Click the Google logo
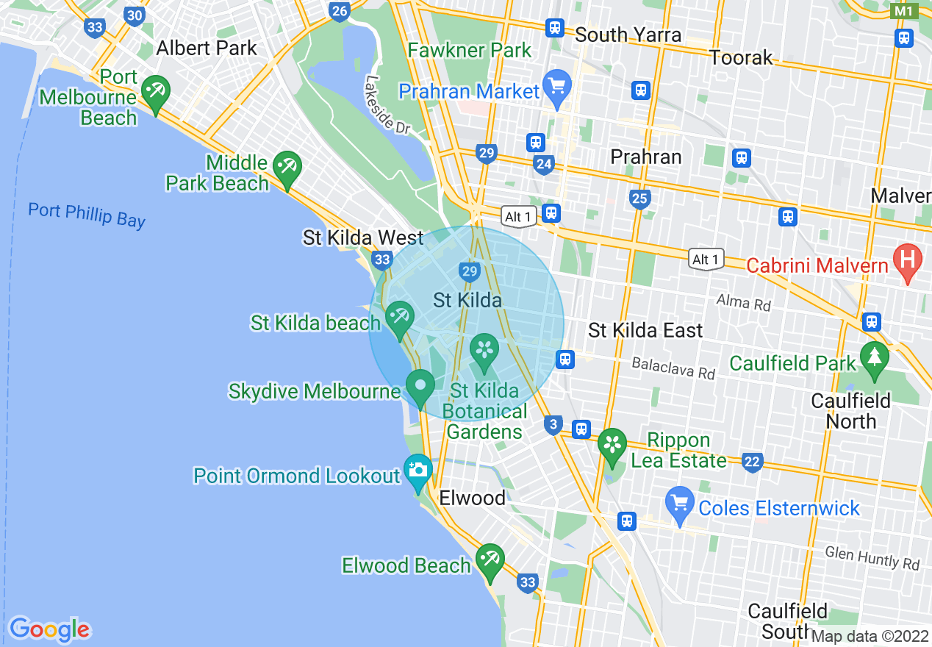click(x=49, y=629)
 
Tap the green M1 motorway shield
click(x=903, y=11)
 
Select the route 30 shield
click(x=134, y=15)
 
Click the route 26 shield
click(x=339, y=11)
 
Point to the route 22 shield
click(x=751, y=462)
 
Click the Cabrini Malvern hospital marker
click(x=907, y=260)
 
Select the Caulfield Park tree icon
click(x=874, y=360)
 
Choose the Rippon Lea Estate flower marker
click(x=612, y=446)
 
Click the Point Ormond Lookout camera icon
click(x=417, y=471)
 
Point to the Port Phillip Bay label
click(x=87, y=215)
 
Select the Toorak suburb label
click(x=741, y=57)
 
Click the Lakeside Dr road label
click(x=386, y=105)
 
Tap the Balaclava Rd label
click(x=673, y=368)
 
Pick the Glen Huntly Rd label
click(x=872, y=557)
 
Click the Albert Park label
click(x=207, y=49)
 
